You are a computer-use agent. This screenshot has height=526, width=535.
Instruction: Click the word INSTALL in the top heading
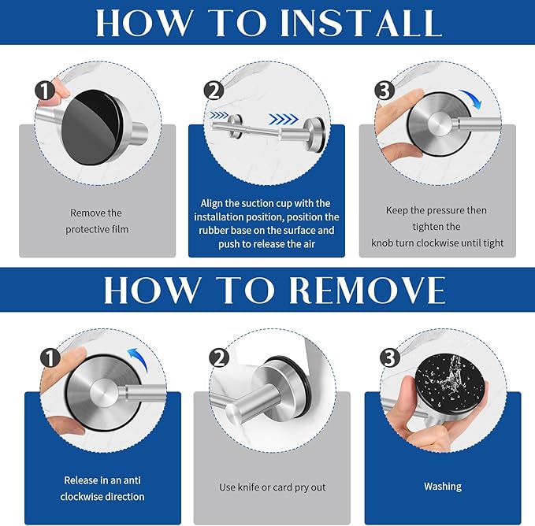pyautogui.click(x=360, y=23)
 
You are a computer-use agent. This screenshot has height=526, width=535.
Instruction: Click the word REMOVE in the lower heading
pyautogui.click(x=367, y=290)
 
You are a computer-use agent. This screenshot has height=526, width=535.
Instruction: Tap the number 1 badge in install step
pyautogui.click(x=45, y=91)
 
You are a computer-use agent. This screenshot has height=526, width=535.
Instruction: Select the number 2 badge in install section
pyautogui.click(x=214, y=91)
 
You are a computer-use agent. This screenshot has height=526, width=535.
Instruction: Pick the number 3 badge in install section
pyautogui.click(x=385, y=91)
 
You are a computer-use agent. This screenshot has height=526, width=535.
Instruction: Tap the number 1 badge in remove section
pyautogui.click(x=50, y=358)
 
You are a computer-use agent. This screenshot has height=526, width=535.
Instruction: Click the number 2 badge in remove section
pyautogui.click(x=219, y=358)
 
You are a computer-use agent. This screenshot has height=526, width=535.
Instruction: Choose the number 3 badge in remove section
pyautogui.click(x=390, y=357)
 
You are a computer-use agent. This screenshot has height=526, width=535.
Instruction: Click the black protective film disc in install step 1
pyautogui.click(x=91, y=128)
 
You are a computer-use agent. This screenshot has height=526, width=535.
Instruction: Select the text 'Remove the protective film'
pyautogui.click(x=97, y=221)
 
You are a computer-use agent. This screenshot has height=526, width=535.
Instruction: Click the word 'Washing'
pyautogui.click(x=443, y=486)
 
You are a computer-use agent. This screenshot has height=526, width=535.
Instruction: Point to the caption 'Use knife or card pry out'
pyautogui.click(x=273, y=487)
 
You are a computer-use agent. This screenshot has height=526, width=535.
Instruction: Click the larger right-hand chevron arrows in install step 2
pyautogui.click(x=283, y=119)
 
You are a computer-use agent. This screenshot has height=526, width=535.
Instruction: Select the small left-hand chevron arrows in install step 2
pyautogui.click(x=219, y=115)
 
